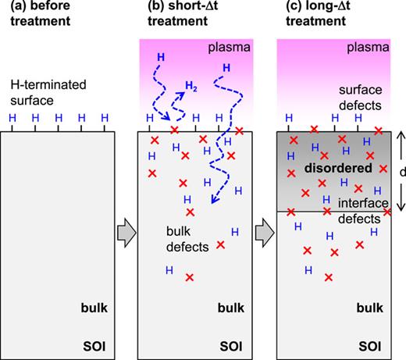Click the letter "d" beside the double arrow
(401, 170)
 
